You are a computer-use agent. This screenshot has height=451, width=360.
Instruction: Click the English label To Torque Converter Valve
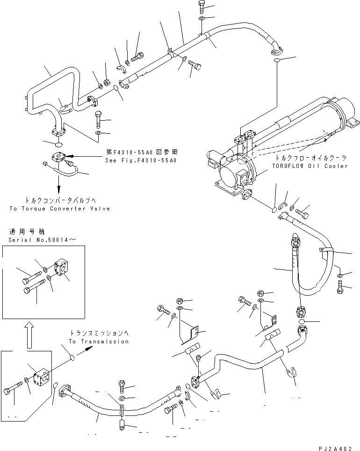point(59,208)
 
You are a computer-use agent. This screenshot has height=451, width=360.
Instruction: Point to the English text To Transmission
point(99,342)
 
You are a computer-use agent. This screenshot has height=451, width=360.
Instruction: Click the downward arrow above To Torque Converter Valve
point(59,187)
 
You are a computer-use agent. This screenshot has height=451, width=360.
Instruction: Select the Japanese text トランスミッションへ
point(99,334)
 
